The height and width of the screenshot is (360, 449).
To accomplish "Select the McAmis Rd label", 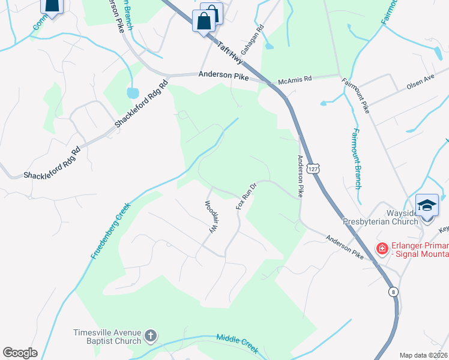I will pyautogui.click(x=295, y=79).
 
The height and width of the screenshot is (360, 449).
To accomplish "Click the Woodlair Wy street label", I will pyautogui.click(x=211, y=217).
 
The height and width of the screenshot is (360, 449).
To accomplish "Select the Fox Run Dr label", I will pyautogui.click(x=246, y=196).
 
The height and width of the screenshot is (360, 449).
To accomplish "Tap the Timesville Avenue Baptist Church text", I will pyautogui.click(x=107, y=337).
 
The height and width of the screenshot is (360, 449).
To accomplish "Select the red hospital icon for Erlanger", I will pyautogui.click(x=381, y=248).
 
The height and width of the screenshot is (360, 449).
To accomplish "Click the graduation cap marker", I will pyautogui.click(x=427, y=206).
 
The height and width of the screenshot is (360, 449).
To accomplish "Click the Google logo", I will pyautogui.click(x=20, y=353).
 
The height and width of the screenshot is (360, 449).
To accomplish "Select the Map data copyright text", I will pyautogui.click(x=423, y=355).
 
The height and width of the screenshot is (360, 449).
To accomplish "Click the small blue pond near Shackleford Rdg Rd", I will pyautogui.click(x=131, y=93).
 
